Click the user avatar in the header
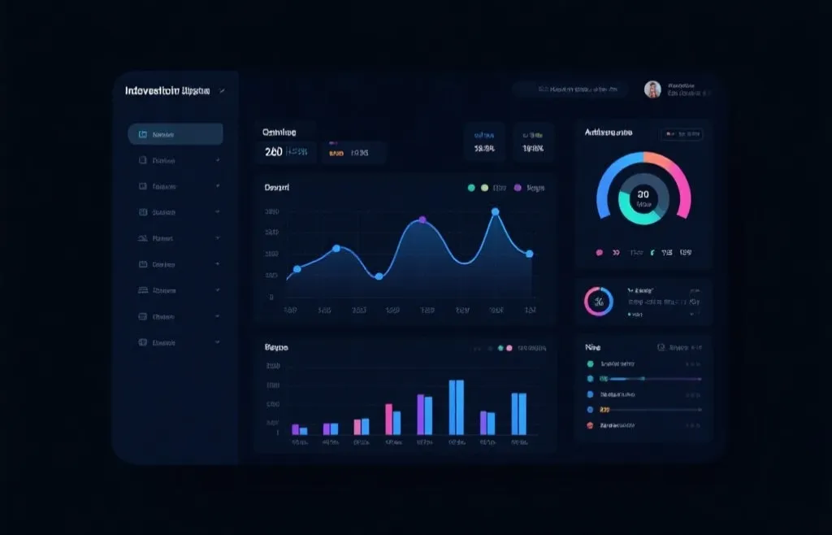652,89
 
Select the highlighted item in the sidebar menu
175,134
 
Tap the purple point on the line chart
422,220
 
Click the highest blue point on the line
495,212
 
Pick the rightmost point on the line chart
530,254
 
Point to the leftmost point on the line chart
297,268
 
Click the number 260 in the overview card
274,152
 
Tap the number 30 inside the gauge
643,194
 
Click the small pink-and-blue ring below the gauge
599,302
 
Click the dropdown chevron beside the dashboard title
223,91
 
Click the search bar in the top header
570,89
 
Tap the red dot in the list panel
590,425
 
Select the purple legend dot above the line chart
517,188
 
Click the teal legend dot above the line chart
471,188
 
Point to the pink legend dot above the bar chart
509,348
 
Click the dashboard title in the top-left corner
167,91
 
